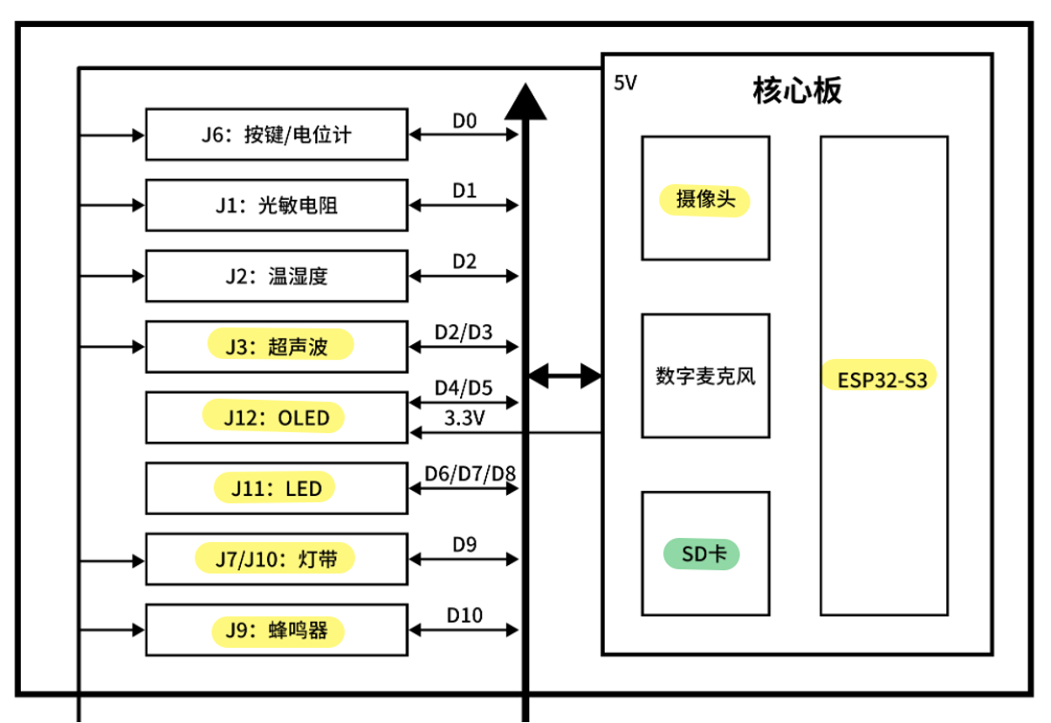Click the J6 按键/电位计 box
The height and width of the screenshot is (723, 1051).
pos(276,134)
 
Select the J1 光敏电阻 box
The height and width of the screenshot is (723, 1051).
pos(276,205)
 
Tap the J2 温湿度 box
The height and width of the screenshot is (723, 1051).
pos(276,276)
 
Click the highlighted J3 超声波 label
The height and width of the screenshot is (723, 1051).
pos(279,347)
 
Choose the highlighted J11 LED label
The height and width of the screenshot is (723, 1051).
pos(276,488)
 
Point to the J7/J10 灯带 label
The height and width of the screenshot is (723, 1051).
pos(275,559)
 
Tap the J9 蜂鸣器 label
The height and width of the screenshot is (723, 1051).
pos(277,630)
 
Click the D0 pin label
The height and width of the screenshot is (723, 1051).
pos(464,120)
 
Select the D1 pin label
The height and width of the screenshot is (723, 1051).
pos(464,190)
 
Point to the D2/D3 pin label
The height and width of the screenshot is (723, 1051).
pos(464,332)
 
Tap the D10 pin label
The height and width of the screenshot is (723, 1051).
pos(464,616)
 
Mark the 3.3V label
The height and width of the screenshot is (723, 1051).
pos(464,418)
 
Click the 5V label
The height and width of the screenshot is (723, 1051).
pos(626,84)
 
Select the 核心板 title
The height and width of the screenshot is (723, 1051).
pos(797,91)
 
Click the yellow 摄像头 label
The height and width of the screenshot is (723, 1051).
pos(705,200)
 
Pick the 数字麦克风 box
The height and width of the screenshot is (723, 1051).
pos(705,375)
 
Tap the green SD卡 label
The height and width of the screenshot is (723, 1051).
pos(702,554)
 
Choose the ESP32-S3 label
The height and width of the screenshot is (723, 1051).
pos(883,379)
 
